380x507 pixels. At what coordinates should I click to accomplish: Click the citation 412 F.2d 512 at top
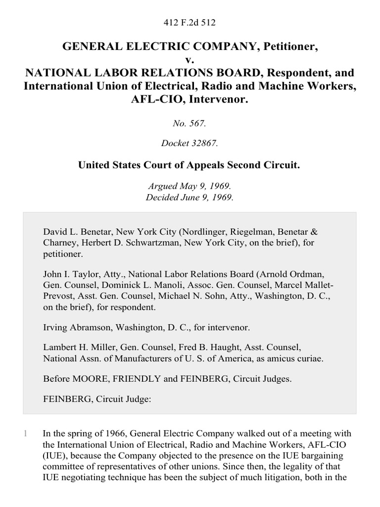190,22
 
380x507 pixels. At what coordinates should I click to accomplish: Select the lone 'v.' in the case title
190,60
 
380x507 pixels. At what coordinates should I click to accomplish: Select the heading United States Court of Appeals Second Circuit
190,165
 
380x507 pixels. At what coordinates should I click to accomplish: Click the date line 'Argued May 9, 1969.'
190,186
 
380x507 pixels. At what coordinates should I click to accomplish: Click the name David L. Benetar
74,232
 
